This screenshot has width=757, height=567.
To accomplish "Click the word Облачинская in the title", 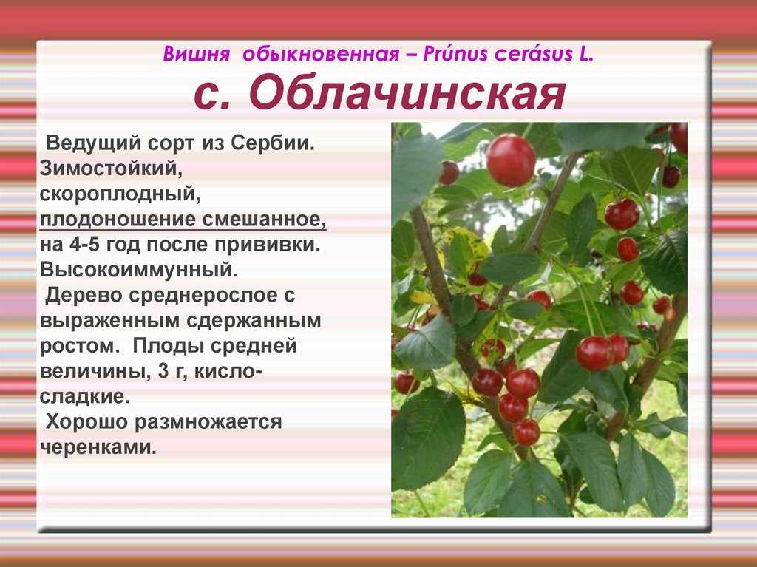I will (x=407, y=94).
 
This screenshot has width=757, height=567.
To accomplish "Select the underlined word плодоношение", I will (x=118, y=220).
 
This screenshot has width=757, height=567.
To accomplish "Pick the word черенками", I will (x=98, y=448).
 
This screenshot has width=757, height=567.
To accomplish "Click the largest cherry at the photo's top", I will (x=511, y=160).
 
